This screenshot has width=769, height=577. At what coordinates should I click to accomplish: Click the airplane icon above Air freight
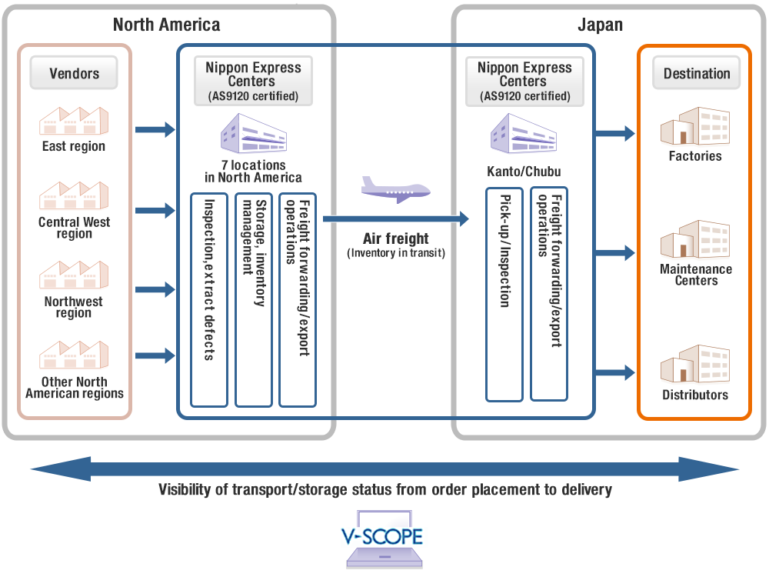(395, 189)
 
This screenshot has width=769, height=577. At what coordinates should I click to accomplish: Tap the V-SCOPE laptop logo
(382, 542)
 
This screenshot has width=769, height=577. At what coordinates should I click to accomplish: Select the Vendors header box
(75, 74)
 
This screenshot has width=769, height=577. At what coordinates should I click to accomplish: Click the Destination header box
(697, 74)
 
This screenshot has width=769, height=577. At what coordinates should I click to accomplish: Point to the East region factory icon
(74, 121)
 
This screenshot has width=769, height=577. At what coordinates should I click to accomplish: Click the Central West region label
(74, 228)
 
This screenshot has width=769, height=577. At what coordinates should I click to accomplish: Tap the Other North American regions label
(74, 388)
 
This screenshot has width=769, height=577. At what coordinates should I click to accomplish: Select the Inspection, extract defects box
(209, 299)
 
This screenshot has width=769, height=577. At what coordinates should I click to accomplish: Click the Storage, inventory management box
(254, 299)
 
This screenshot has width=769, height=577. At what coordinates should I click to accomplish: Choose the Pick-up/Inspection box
(504, 293)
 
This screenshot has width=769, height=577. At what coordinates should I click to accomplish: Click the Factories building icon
(695, 126)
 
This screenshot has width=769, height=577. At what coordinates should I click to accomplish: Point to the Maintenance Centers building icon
(695, 239)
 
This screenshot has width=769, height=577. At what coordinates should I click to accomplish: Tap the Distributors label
(695, 395)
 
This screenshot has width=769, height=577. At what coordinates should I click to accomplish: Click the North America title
(166, 25)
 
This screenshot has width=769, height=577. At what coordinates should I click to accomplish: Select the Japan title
(600, 25)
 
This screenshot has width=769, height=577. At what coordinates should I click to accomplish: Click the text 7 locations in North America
(253, 171)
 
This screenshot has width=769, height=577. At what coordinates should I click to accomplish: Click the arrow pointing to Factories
(615, 134)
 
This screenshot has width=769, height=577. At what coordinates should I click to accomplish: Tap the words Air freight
(395, 238)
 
